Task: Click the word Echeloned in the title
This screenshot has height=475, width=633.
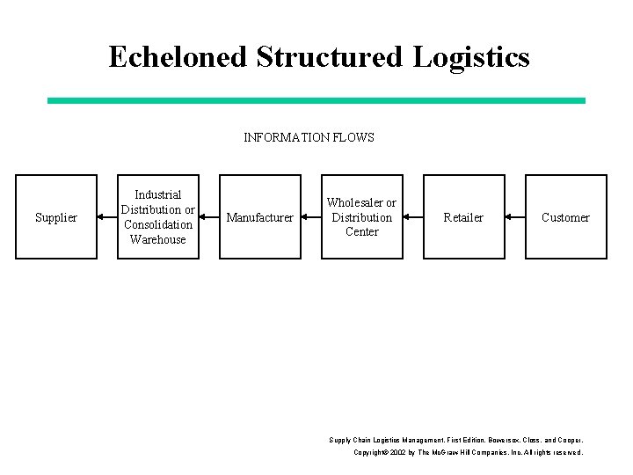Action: click(178, 56)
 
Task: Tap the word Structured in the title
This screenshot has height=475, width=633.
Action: click(330, 56)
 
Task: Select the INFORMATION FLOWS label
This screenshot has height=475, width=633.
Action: click(309, 137)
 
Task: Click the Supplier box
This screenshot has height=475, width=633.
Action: click(56, 217)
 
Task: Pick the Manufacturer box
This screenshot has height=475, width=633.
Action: click(260, 217)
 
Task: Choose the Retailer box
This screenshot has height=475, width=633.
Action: click(463, 217)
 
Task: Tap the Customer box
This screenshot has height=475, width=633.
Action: click(565, 217)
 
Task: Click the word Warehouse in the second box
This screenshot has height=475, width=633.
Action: click(158, 239)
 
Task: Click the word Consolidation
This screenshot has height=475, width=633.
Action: click(158, 224)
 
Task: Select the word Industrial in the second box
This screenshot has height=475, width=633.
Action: click(158, 194)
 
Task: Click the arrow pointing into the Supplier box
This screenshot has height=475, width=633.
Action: click(107, 217)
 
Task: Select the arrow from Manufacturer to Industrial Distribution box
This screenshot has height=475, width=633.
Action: click(209, 217)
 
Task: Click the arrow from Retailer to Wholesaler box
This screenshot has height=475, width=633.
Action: click(413, 217)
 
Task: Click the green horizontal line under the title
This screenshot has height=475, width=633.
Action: click(316, 101)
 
